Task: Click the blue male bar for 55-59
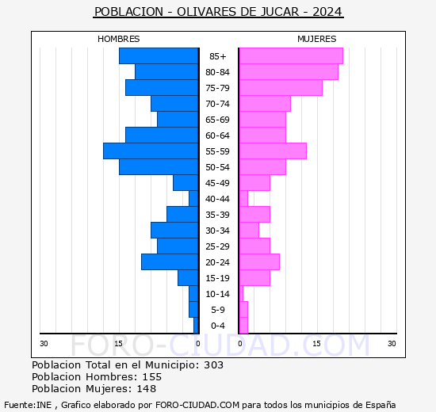[151, 151]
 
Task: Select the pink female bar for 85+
[290, 55]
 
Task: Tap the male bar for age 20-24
[170, 261]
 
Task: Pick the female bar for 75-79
[280, 87]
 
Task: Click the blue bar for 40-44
[193, 198]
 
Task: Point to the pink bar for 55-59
[272, 151]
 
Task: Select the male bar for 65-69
[178, 119]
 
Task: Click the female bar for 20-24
[258, 261]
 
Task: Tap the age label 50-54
[217, 167]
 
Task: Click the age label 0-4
[217, 326]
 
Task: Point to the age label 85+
[217, 56]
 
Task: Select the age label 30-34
[217, 231]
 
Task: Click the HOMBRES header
[119, 39]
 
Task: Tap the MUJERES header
[316, 39]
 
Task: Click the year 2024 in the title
[328, 13]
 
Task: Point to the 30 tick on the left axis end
[44, 343]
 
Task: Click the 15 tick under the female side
[316, 343]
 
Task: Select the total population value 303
[213, 365]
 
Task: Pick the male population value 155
[151, 377]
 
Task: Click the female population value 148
[146, 389]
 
